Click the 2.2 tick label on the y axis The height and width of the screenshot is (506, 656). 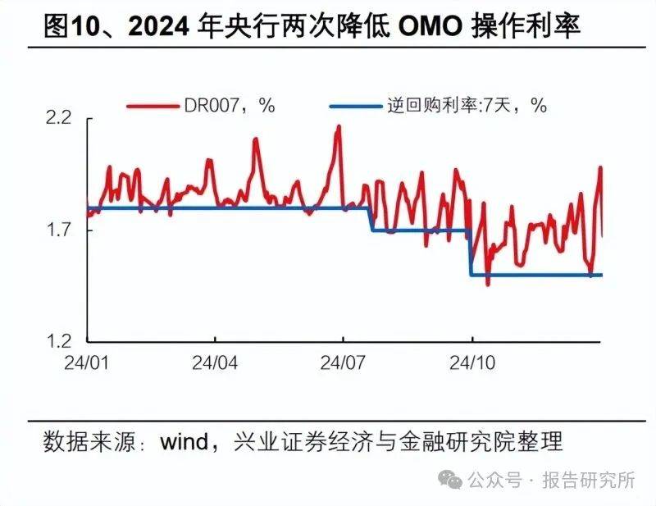pos(62,120)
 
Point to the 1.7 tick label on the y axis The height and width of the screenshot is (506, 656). pos(62,230)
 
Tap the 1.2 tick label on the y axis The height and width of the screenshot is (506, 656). pos(62,341)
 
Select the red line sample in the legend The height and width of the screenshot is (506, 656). pos(154,105)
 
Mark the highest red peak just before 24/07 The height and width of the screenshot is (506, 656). pos(338,126)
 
